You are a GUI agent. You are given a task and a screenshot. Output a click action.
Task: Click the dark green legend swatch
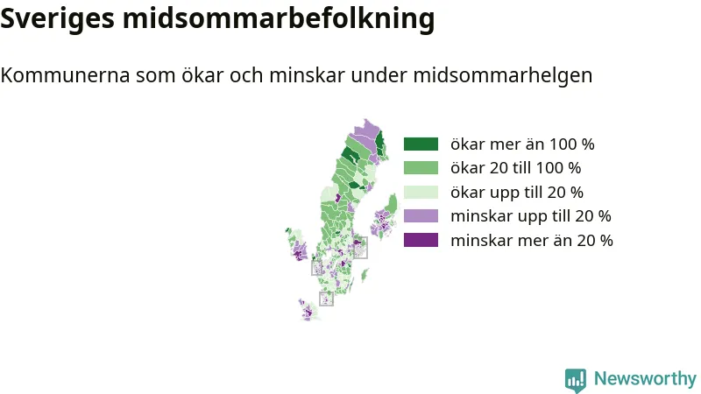click(421, 144)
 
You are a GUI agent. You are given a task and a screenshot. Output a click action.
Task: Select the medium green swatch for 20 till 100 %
click(421, 167)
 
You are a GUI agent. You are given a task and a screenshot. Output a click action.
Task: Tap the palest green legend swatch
click(421, 192)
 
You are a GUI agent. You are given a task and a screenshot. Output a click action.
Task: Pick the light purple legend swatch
click(421, 215)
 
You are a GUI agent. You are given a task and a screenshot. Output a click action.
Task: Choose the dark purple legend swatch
click(421, 240)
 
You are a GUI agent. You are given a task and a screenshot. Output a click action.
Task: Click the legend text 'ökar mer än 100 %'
click(522, 144)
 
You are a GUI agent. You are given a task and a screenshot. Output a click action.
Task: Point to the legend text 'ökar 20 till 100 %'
click(515, 167)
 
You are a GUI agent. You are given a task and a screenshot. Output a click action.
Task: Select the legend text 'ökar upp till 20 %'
click(517, 193)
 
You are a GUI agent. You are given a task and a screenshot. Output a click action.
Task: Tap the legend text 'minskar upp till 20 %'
click(531, 216)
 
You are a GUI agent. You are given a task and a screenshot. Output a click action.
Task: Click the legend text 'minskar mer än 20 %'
click(532, 240)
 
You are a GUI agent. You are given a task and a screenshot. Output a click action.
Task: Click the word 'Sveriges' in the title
click(57, 18)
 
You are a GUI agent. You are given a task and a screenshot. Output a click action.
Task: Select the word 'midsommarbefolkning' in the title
click(279, 18)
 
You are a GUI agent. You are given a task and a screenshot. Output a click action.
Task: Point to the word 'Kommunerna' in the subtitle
click(65, 75)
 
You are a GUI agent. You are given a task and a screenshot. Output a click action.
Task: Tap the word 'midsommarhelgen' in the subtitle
click(502, 75)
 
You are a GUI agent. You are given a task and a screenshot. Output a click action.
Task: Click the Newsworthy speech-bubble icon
click(576, 380)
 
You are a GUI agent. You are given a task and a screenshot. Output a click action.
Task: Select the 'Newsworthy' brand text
click(645, 378)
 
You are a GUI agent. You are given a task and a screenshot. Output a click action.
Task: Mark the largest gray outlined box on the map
click(361, 248)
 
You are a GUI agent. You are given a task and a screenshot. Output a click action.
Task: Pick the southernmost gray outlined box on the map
click(326, 299)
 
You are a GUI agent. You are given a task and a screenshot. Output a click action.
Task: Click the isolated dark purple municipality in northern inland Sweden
click(338, 198)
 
